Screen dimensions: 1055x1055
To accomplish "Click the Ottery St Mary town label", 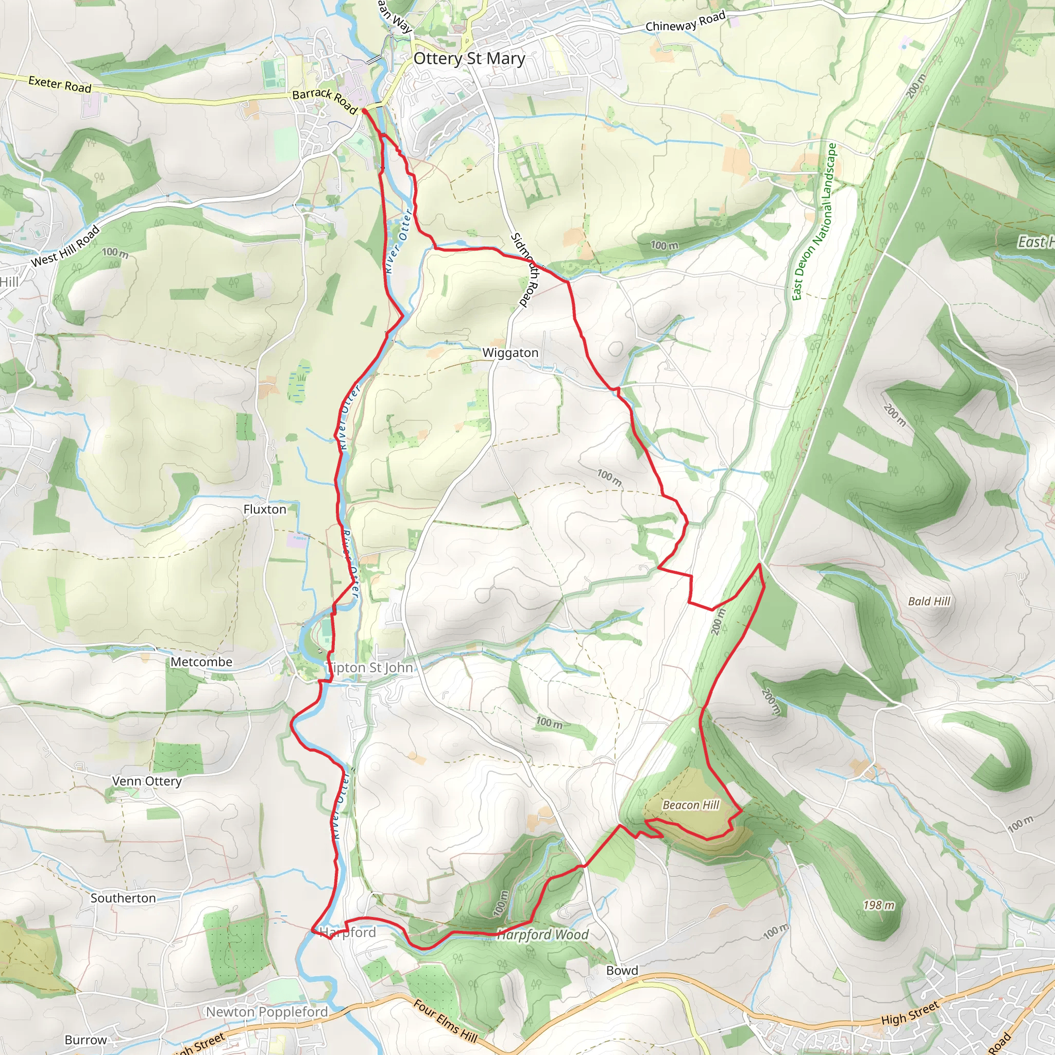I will coord(469,58).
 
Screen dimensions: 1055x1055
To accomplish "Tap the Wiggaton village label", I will coord(510,353).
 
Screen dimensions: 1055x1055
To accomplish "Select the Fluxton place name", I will coord(265,509).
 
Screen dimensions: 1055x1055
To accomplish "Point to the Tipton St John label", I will coord(370,667).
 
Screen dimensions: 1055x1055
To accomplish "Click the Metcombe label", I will coord(201,662).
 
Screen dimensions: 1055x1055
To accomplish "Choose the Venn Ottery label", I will coord(147,781).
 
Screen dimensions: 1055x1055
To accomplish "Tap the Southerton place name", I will coord(123,898).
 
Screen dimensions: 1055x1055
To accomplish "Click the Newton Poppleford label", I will coord(266,1012).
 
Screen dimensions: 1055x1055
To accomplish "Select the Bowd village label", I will coord(622,971).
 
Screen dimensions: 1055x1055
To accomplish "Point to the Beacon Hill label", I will coord(691,805).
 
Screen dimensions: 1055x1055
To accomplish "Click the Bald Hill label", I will coord(929,601).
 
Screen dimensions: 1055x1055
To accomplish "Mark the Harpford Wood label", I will coord(543,935).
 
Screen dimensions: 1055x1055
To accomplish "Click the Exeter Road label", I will coord(60,84).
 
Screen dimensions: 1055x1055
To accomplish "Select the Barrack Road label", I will coord(325,101).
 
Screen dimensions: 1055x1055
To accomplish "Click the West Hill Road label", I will coord(65,246).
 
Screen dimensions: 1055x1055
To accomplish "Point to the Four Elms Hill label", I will coord(445,1020).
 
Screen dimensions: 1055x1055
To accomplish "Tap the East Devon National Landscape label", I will coord(813,221).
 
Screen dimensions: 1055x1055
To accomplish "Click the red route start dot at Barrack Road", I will coord(364,111).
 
